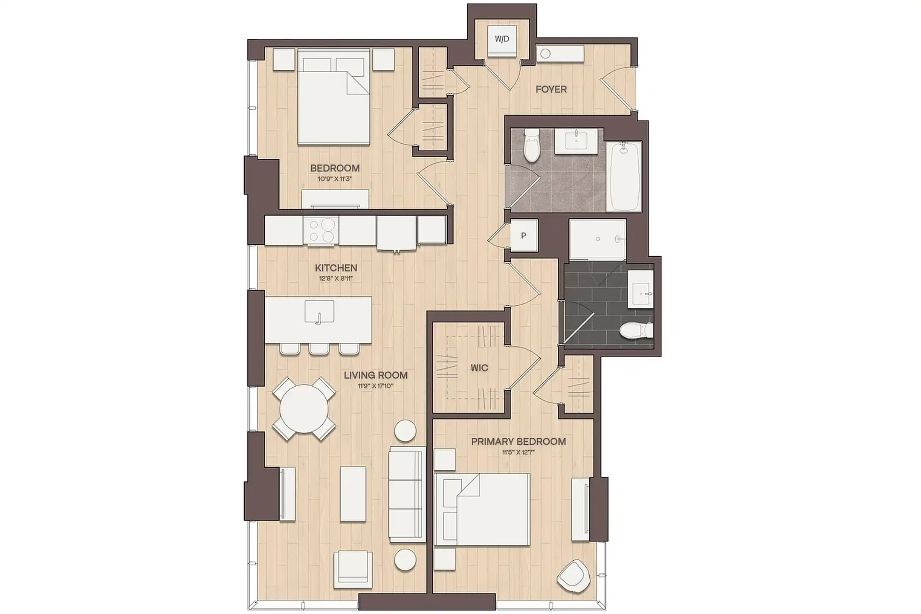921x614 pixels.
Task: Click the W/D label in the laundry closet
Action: click(502, 39)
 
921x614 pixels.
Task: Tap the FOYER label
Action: click(551, 90)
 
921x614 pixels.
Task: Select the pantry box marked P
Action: click(524, 236)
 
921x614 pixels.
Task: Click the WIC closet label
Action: click(479, 368)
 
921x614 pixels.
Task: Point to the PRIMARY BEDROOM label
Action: click(518, 442)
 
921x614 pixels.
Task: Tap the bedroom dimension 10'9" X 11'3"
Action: click(335, 179)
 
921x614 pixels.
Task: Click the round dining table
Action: click(304, 408)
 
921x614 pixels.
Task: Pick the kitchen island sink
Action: click(319, 311)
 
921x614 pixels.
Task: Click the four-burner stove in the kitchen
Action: click(321, 230)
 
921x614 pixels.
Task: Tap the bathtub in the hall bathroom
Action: click(623, 176)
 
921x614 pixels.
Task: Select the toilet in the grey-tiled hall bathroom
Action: click(532, 145)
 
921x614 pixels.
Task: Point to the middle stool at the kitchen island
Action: click(319, 348)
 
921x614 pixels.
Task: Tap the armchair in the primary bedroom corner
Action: click(574, 576)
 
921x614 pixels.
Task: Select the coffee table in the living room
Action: click(353, 494)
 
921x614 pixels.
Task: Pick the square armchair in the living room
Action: click(353, 570)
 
